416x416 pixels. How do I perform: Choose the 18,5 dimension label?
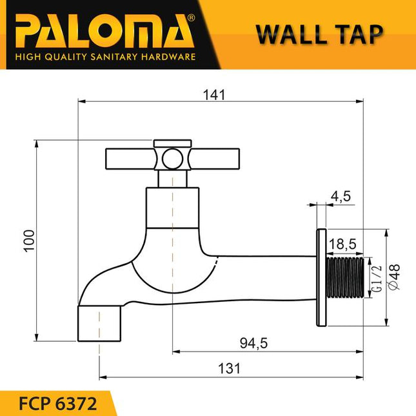344,245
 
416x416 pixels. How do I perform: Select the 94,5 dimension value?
253,344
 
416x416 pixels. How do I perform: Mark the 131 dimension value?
228,368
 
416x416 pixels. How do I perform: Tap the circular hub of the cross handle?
172,157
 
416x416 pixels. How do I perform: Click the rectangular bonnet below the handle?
172,208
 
